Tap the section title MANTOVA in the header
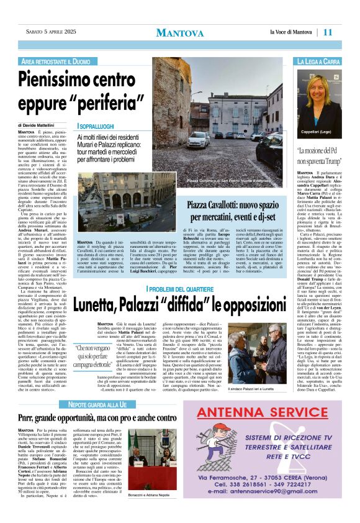coord(179,32)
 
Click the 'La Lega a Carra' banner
coord(318,62)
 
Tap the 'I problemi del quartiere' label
coord(181,289)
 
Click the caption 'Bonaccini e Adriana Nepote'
coord(147,512)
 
